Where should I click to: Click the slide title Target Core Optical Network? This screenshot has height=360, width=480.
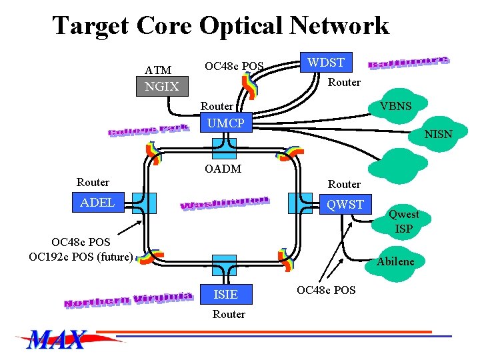point(220,26)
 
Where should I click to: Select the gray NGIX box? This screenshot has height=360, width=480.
point(162,87)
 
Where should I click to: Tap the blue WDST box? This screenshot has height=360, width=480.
point(325,63)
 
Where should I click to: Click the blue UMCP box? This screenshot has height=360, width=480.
point(225,123)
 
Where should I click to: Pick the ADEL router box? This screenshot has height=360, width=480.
point(97,203)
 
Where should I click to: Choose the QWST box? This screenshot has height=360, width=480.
point(345,205)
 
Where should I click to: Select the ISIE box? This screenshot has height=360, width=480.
point(225,294)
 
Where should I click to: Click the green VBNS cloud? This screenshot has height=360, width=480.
point(395,107)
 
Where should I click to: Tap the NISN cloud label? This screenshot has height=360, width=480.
point(438,134)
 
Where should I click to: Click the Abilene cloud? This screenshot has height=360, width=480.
point(395,261)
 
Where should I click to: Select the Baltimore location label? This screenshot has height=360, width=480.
point(409,61)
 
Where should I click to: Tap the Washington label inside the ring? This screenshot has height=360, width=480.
point(225,203)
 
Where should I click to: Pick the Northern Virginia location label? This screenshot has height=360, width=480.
point(128,299)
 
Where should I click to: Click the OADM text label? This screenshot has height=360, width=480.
point(223,169)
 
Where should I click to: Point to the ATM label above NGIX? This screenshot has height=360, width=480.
point(158,70)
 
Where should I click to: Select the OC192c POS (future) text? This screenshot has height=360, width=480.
point(81,256)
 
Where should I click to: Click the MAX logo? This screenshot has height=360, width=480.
point(57,340)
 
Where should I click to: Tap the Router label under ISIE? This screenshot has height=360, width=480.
point(229,314)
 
